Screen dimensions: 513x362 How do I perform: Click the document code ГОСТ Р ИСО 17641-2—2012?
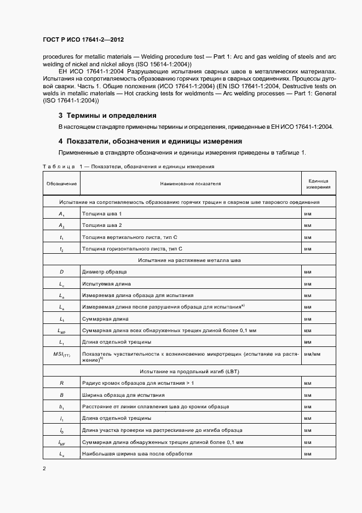point(87,40)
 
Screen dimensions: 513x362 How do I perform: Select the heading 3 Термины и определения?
point(107,116)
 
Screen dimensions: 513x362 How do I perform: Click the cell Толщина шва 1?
point(101,213)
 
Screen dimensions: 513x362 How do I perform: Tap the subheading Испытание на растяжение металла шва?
point(189,260)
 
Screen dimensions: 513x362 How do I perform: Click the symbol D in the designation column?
point(62,272)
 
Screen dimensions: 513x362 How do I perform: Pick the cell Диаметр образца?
point(104,272)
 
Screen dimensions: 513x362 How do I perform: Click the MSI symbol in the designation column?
point(62,355)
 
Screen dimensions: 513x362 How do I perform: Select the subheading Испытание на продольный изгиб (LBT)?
point(189,372)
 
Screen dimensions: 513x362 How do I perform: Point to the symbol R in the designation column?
point(62,383)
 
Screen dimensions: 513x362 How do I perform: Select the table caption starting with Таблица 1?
point(128,166)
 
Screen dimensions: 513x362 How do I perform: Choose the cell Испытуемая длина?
point(106,284)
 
